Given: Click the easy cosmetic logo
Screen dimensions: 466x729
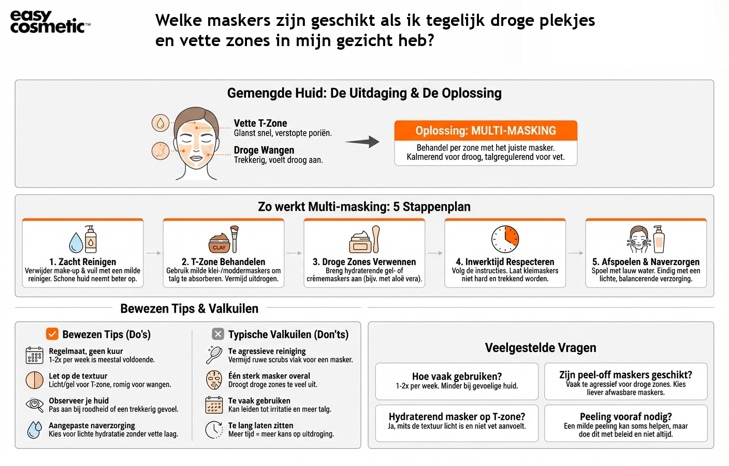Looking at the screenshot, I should [50, 22].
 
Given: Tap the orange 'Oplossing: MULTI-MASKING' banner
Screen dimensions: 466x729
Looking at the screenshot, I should [485, 130].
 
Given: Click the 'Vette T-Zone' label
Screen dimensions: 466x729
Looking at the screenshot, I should [260, 123].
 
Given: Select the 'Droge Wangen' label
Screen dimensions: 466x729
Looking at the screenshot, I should [264, 150].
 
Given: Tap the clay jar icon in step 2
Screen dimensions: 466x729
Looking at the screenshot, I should [219, 242].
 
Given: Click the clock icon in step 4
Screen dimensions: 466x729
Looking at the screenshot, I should [505, 239].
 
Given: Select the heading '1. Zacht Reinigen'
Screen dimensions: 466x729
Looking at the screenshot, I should [83, 262].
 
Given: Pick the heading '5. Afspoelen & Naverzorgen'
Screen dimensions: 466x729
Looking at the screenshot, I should [646, 262].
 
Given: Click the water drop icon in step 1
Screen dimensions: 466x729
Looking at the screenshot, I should [76, 242].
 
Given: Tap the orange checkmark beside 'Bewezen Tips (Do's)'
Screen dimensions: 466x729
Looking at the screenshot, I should [52, 334].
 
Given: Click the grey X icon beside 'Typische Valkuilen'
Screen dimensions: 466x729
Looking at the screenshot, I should [218, 334].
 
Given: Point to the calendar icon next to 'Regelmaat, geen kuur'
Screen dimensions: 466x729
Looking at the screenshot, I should [35, 355].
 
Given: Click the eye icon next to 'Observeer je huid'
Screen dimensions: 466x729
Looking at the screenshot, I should [35, 404].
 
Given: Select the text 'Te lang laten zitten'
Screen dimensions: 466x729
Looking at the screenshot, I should [260, 426].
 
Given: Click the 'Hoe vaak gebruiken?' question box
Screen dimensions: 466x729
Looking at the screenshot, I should [457, 381].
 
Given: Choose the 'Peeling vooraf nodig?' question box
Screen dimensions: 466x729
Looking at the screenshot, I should [625, 423].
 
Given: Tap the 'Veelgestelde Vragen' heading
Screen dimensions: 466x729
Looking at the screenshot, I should [541, 348].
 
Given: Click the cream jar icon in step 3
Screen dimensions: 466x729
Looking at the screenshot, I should [360, 242].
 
